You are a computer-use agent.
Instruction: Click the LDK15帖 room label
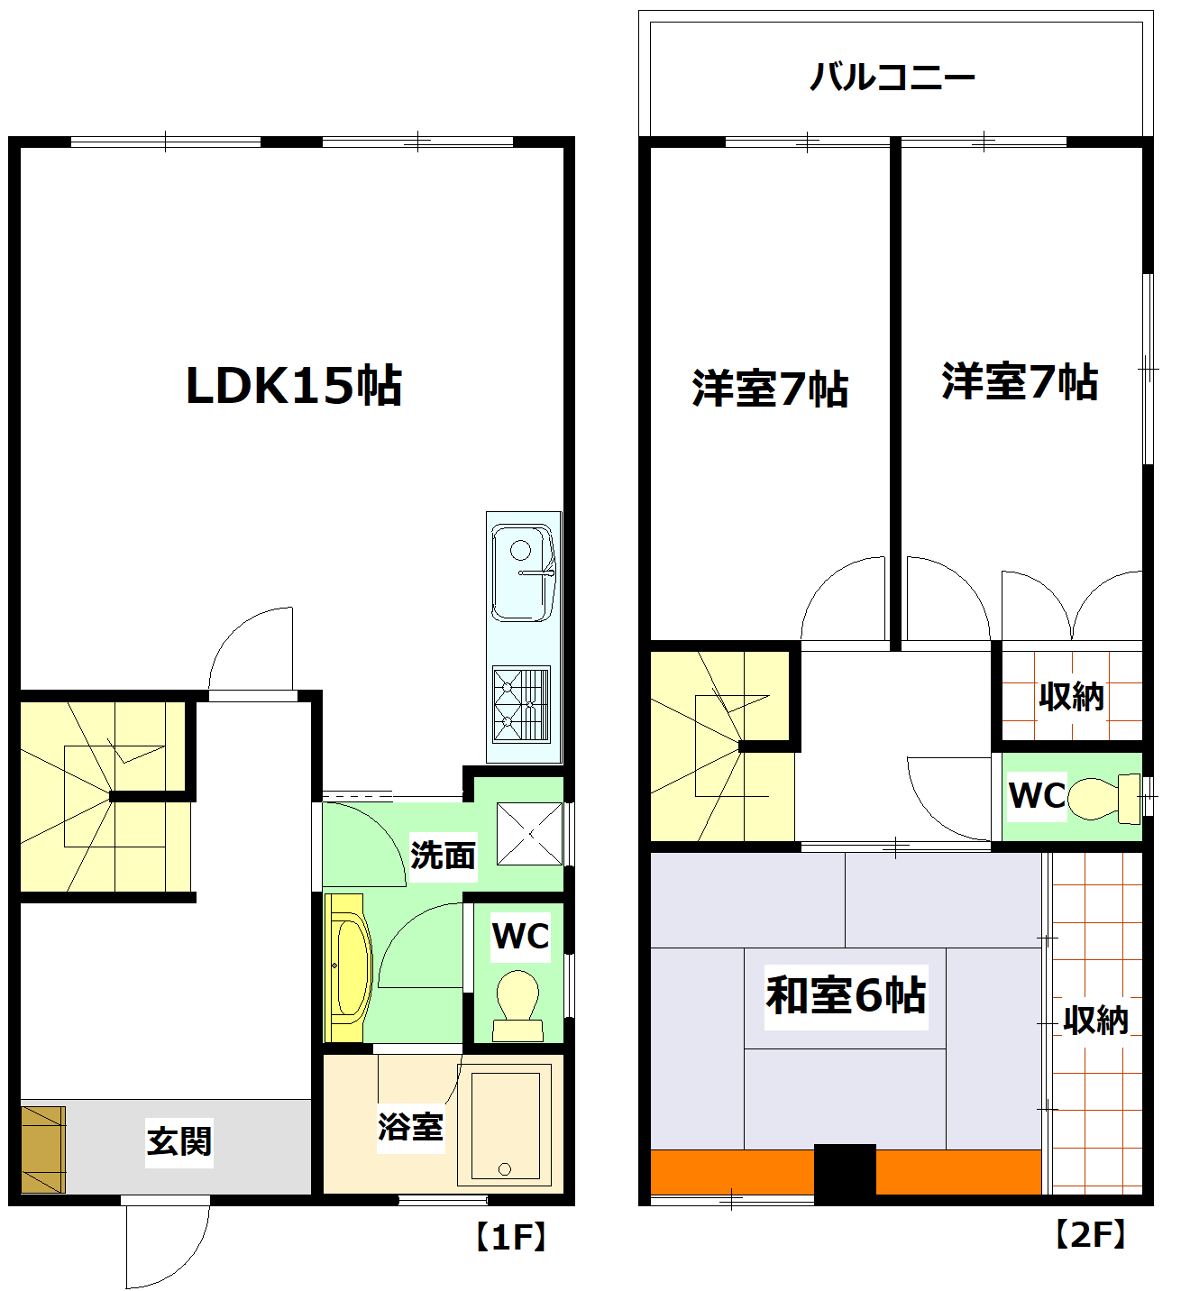293,386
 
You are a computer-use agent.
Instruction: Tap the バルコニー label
892,77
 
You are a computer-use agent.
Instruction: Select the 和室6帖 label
846,995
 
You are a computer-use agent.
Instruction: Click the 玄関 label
179,1141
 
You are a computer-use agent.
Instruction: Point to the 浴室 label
410,1126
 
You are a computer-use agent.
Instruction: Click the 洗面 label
443,855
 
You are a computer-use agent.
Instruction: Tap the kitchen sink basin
522,573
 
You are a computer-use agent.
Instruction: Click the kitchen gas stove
521,704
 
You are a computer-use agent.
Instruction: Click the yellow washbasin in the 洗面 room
347,967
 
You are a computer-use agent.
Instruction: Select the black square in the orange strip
845,1172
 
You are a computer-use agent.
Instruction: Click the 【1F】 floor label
510,1237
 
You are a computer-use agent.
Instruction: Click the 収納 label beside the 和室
1095,1020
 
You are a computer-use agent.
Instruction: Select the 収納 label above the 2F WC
1071,696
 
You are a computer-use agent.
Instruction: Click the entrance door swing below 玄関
167,1244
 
